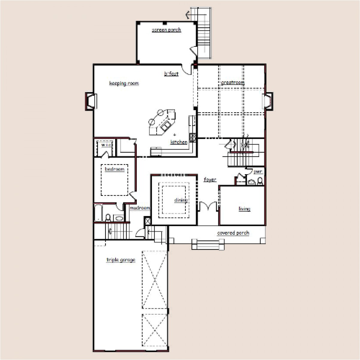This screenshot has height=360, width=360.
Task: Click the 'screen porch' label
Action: tap(166, 30)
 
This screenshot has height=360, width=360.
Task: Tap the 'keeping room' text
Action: tap(124, 83)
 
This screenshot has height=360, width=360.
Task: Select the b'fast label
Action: tap(171, 73)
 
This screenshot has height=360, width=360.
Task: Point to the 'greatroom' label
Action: tap(232, 82)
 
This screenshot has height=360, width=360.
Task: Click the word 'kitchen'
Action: tap(179, 142)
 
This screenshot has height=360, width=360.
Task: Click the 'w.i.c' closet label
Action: tap(106, 145)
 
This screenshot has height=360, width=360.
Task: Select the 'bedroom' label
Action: tap(114, 169)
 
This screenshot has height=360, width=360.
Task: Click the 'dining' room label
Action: tap(181, 200)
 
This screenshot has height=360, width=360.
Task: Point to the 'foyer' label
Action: tap(210, 180)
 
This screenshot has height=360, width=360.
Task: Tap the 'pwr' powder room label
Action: tap(258, 172)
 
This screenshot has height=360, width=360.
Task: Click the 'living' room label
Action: tap(244, 209)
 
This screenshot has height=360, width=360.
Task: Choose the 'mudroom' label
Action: tap(139, 208)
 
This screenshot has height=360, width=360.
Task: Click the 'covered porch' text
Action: tap(233, 233)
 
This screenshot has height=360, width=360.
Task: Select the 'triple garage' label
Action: tap(121, 260)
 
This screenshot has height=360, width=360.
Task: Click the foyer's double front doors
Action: tap(208, 207)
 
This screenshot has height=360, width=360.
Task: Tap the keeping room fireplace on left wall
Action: tap(90, 100)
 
